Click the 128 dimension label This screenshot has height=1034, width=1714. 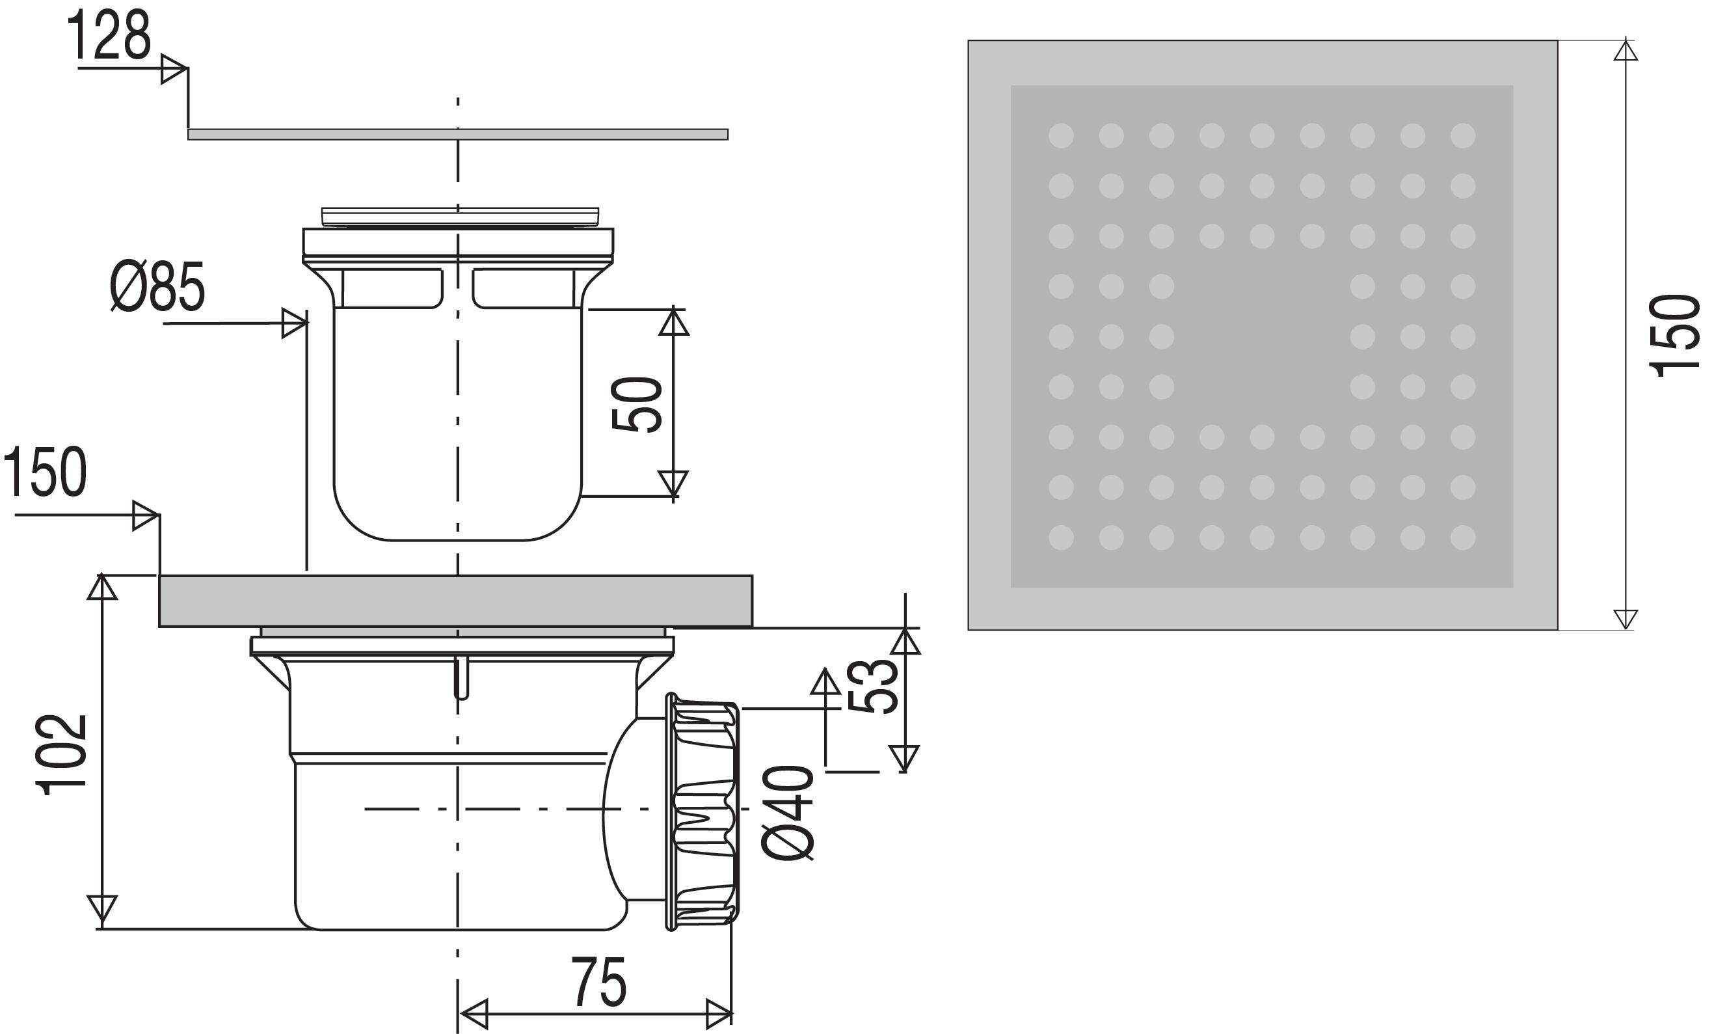tap(109, 36)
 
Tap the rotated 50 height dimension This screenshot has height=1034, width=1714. tap(637, 404)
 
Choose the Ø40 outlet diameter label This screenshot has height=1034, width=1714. tap(788, 813)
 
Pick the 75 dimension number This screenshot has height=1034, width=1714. tap(599, 982)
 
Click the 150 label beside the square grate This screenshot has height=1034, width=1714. tap(1674, 335)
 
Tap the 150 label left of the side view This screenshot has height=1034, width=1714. tap(46, 472)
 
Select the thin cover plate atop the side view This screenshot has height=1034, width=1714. tap(458, 134)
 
